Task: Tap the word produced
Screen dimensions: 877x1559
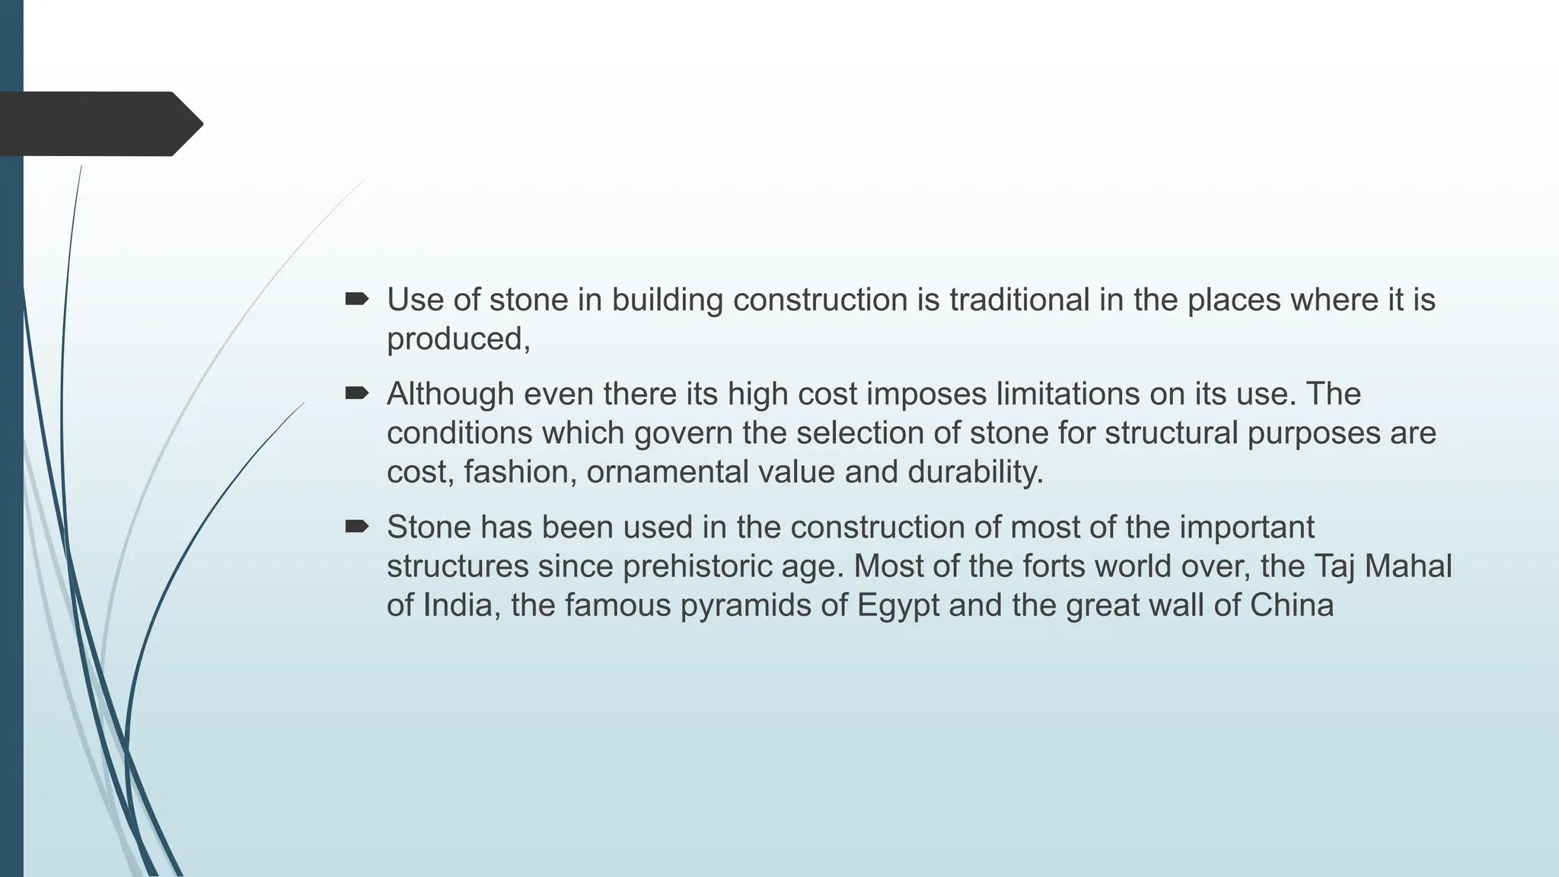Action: (x=457, y=340)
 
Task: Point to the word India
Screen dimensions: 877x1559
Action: (x=461, y=605)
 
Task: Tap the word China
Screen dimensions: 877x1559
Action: (x=1291, y=605)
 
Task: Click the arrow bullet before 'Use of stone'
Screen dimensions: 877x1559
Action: (x=356, y=299)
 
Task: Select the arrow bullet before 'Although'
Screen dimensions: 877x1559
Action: (x=356, y=394)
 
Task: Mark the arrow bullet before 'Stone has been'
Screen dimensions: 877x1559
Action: (x=356, y=527)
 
